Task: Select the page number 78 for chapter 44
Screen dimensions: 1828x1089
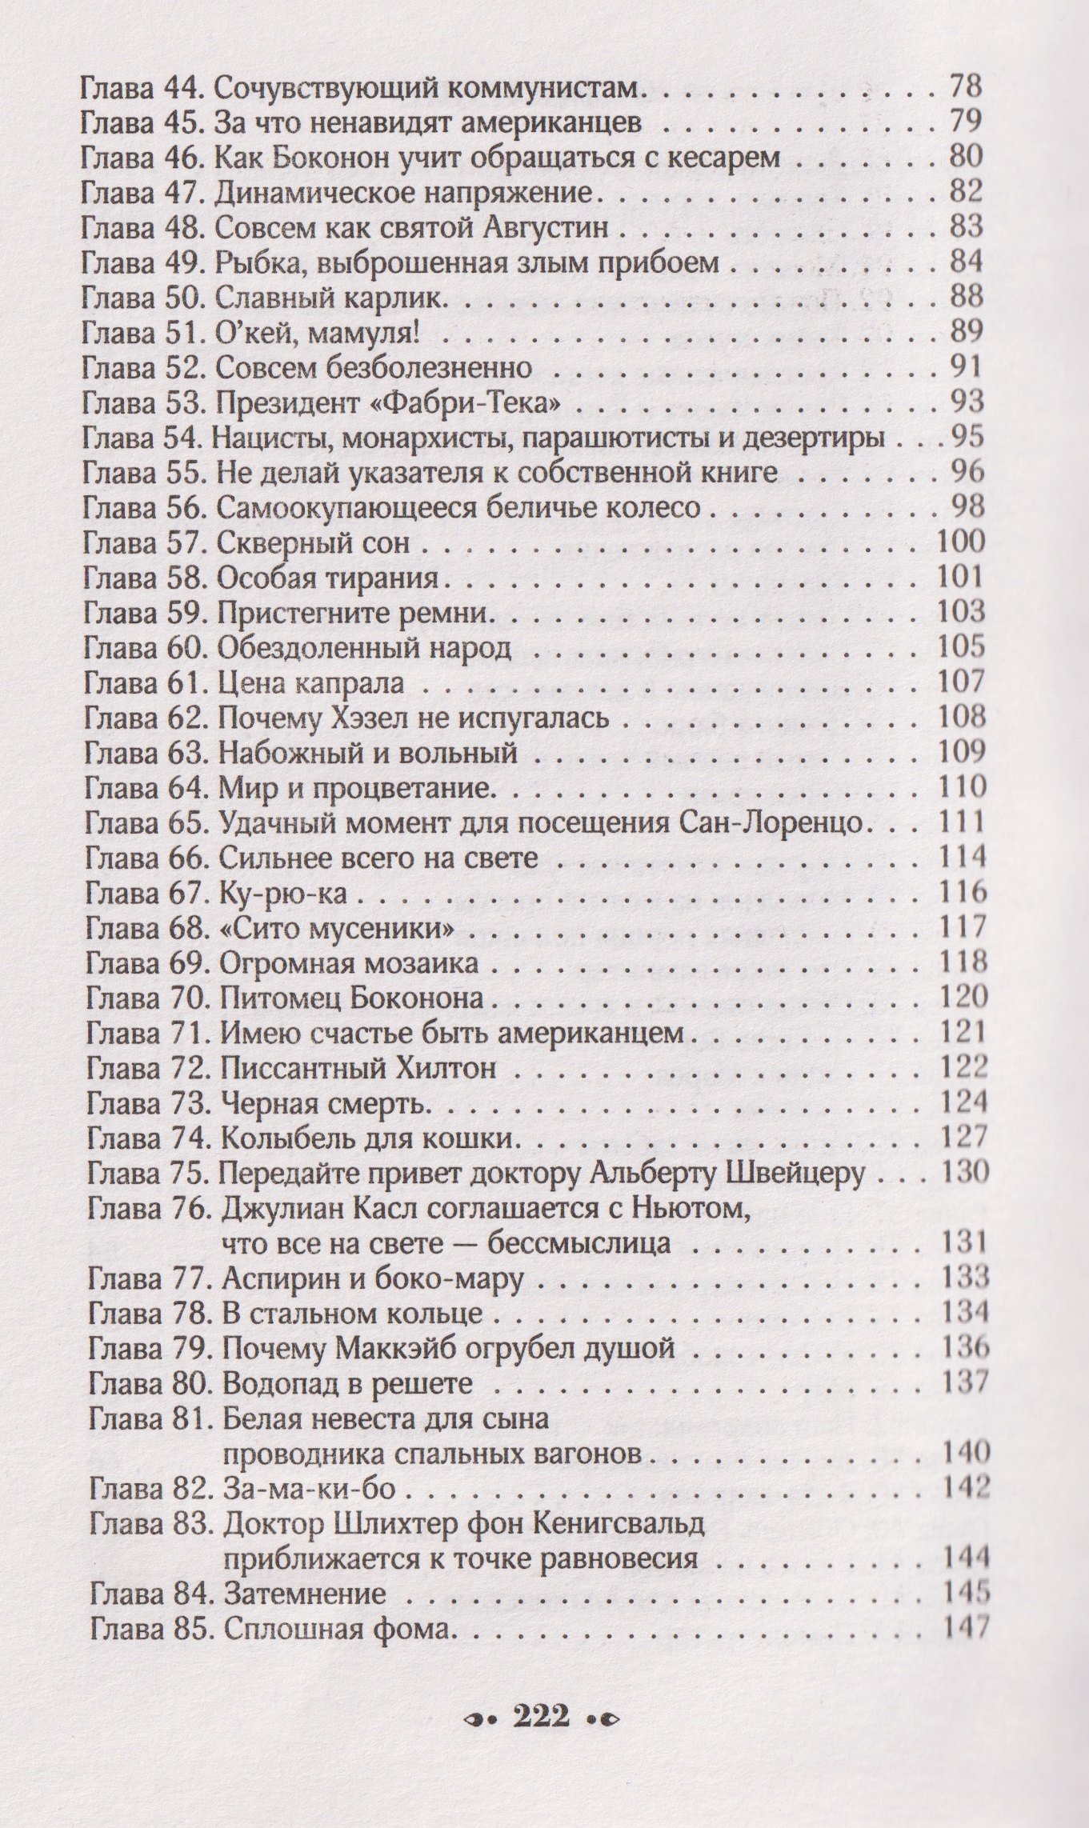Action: coord(964,85)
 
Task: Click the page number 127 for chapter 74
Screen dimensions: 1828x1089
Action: coord(964,1137)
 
